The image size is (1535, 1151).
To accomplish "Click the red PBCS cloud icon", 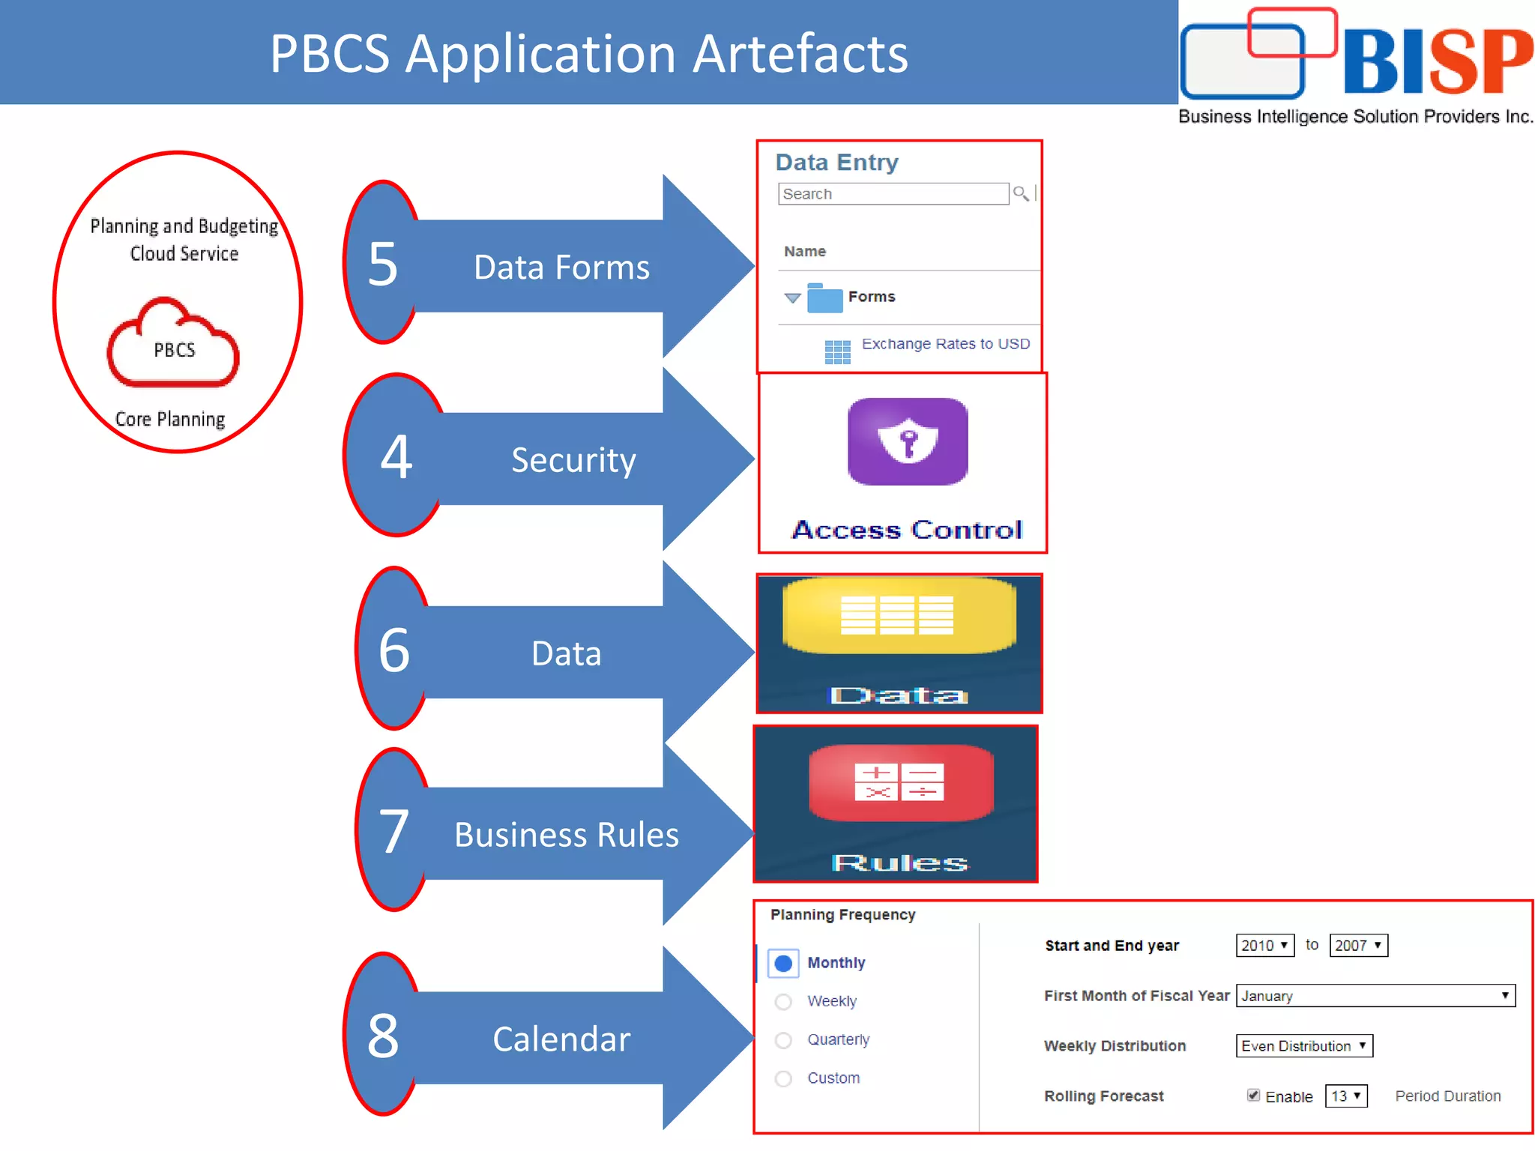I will (173, 344).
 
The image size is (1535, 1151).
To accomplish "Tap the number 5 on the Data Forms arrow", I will (382, 264).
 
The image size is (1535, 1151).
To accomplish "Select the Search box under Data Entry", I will (893, 194).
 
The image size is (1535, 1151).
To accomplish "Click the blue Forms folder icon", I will (824, 298).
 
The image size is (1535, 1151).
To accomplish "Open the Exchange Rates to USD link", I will (945, 344).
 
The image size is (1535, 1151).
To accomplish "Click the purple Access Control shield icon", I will (908, 441).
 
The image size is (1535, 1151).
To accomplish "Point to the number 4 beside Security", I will (396, 456).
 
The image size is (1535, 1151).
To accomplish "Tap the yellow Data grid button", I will (898, 615).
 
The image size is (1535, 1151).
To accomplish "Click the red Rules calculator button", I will (900, 782).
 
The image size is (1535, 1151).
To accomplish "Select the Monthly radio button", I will (783, 963).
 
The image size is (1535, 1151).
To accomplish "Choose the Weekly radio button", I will (783, 1002).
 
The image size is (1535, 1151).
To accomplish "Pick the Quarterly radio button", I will (783, 1040).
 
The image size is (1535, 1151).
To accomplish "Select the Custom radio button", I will (783, 1078).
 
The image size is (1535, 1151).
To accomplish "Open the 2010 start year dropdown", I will (1264, 946).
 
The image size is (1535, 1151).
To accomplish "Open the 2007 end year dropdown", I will (1358, 946).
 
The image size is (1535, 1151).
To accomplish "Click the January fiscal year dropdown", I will (1375, 996).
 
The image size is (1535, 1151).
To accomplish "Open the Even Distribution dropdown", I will (1304, 1046).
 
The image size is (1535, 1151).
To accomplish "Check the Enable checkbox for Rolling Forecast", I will (1253, 1096).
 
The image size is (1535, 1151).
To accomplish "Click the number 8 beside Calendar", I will (383, 1036).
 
